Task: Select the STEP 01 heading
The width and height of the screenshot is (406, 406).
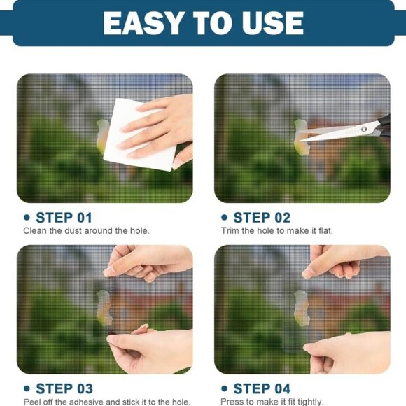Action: coord(64,218)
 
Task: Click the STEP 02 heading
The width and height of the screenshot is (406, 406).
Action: coord(262,218)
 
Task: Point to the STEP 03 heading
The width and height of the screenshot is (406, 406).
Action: coord(64,388)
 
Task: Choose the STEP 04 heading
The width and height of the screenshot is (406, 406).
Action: coord(262,388)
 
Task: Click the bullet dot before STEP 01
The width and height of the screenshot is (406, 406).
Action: coord(27,218)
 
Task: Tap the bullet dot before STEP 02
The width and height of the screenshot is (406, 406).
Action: coord(225,218)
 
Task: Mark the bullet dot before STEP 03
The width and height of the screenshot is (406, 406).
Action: coord(27,388)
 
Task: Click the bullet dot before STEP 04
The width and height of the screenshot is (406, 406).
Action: coord(225,388)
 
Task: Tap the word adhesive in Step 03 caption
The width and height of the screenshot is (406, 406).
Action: coord(83,401)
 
